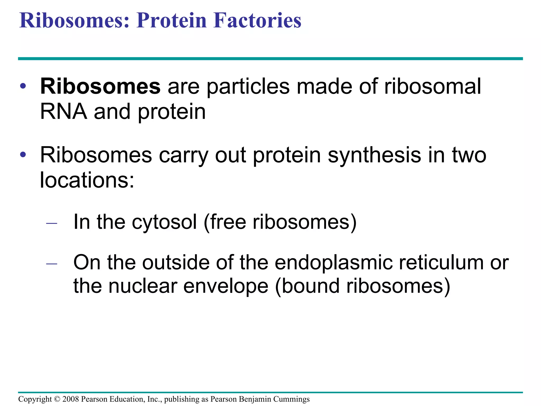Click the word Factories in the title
(x=257, y=20)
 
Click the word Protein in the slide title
(x=171, y=20)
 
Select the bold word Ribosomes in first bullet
(x=100, y=86)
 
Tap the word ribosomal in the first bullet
(x=432, y=86)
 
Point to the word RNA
(x=63, y=112)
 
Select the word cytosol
(x=164, y=222)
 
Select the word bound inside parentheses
(x=310, y=286)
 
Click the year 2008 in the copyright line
(x=70, y=399)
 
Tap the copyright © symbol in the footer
(x=57, y=399)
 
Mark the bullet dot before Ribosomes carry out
(x=23, y=154)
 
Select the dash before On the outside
(x=52, y=264)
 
